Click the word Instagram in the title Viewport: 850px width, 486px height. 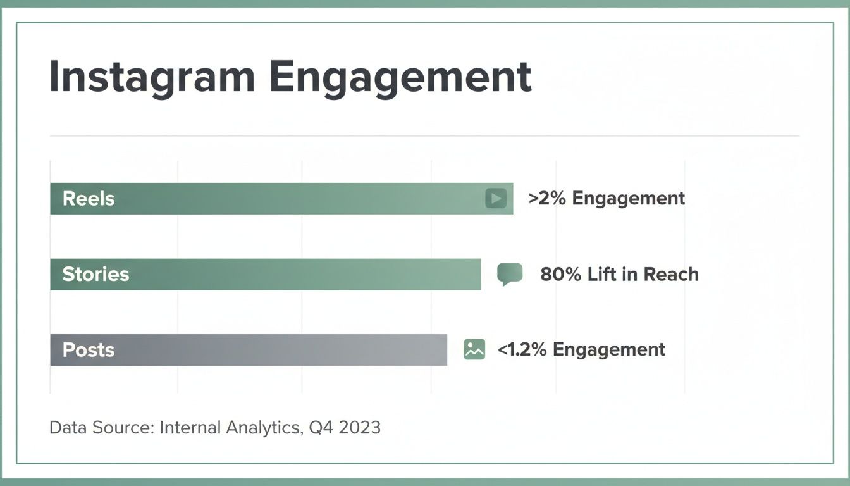pyautogui.click(x=152, y=78)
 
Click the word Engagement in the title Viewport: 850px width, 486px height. pyautogui.click(x=400, y=78)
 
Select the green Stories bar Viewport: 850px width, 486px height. pyautogui.click(x=266, y=275)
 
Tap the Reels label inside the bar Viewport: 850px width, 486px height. pyautogui.click(x=89, y=199)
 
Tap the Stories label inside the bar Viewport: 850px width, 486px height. pyautogui.click(x=95, y=275)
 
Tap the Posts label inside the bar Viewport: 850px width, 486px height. pyautogui.click(x=89, y=350)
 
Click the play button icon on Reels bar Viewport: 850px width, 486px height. pyautogui.click(x=496, y=199)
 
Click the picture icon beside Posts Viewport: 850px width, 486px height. pyautogui.click(x=474, y=349)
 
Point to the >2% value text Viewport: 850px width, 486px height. pyautogui.click(x=548, y=199)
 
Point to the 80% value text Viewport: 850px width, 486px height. pyautogui.click(x=560, y=275)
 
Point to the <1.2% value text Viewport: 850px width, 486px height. pyautogui.click(x=522, y=350)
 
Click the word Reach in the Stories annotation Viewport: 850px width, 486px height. pyautogui.click(x=671, y=275)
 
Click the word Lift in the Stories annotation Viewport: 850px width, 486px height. pyautogui.click(x=602, y=275)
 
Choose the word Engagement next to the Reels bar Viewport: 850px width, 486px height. pyautogui.click(x=628, y=199)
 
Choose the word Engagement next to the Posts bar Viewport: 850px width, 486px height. pyautogui.click(x=608, y=350)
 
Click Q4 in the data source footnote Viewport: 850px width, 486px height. pyautogui.click(x=321, y=428)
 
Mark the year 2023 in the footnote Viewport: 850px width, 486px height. pyautogui.click(x=359, y=428)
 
